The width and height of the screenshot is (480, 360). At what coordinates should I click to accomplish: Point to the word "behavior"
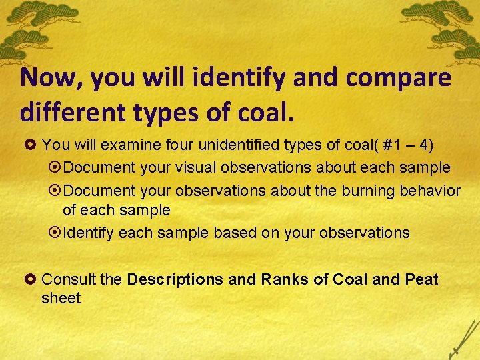429,191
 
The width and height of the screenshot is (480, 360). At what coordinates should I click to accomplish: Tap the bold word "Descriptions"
175,279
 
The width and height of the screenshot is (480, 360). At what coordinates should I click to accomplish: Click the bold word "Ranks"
279,279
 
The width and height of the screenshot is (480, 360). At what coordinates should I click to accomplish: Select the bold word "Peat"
421,279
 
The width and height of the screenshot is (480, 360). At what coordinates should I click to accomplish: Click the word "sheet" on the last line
61,298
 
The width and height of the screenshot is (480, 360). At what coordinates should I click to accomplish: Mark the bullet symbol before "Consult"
33,279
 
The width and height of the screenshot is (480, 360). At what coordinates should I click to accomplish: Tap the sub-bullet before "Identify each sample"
55,233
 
